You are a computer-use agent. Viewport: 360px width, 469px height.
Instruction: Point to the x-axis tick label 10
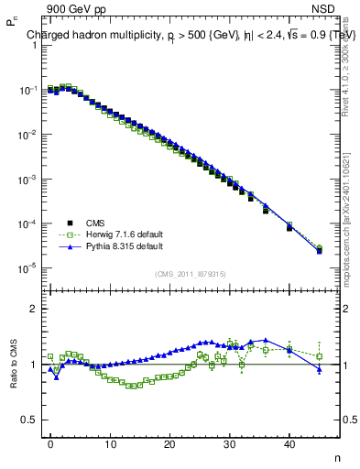click(110, 443)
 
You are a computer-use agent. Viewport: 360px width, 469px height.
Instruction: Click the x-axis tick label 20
click(169, 443)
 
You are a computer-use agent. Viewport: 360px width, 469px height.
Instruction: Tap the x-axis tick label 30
click(230, 443)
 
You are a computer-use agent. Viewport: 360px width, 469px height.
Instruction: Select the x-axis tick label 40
click(289, 443)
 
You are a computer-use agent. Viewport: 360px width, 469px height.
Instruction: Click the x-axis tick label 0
click(50, 443)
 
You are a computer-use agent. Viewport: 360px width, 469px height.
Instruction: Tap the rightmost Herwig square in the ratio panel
click(319, 356)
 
